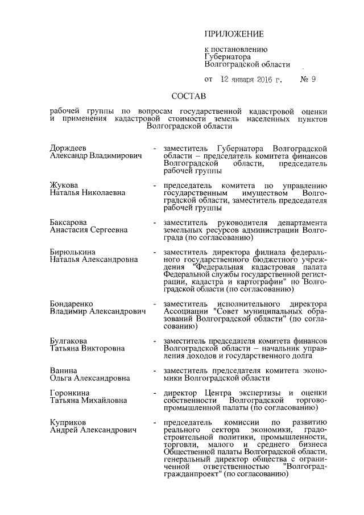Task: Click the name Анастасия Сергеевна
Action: tap(89, 230)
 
